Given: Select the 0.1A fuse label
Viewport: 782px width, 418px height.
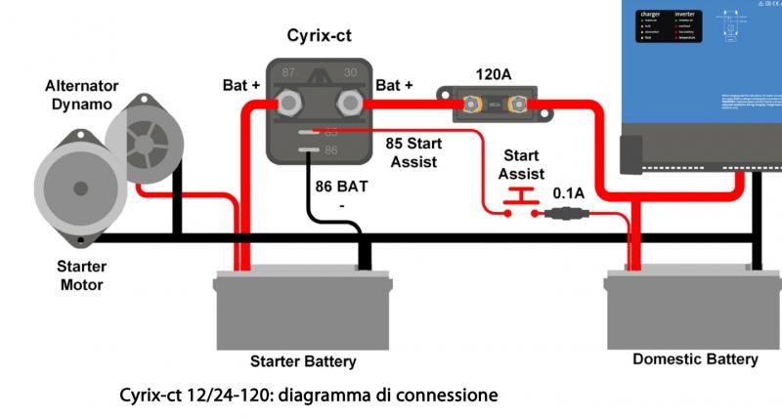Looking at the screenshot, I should click(568, 193).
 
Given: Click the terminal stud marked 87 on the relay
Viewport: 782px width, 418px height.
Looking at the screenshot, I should click(289, 101).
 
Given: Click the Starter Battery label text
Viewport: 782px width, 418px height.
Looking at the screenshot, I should click(303, 361).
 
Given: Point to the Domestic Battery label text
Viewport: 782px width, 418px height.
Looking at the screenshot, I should click(695, 358).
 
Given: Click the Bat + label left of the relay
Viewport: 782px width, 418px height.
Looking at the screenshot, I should click(241, 86).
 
